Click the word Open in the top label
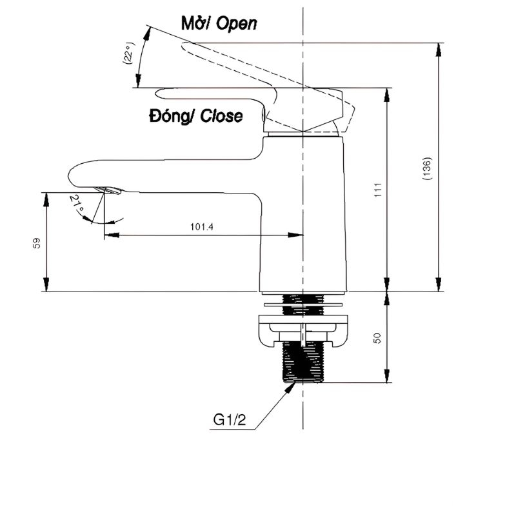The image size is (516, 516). [x=236, y=24]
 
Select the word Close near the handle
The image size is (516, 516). [x=221, y=117]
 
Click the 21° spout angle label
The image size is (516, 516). [x=77, y=205]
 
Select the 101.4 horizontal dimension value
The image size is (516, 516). [x=202, y=226]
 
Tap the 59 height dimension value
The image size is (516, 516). [x=37, y=243]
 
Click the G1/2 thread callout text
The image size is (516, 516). [x=230, y=421]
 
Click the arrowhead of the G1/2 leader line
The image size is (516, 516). [x=294, y=383]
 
